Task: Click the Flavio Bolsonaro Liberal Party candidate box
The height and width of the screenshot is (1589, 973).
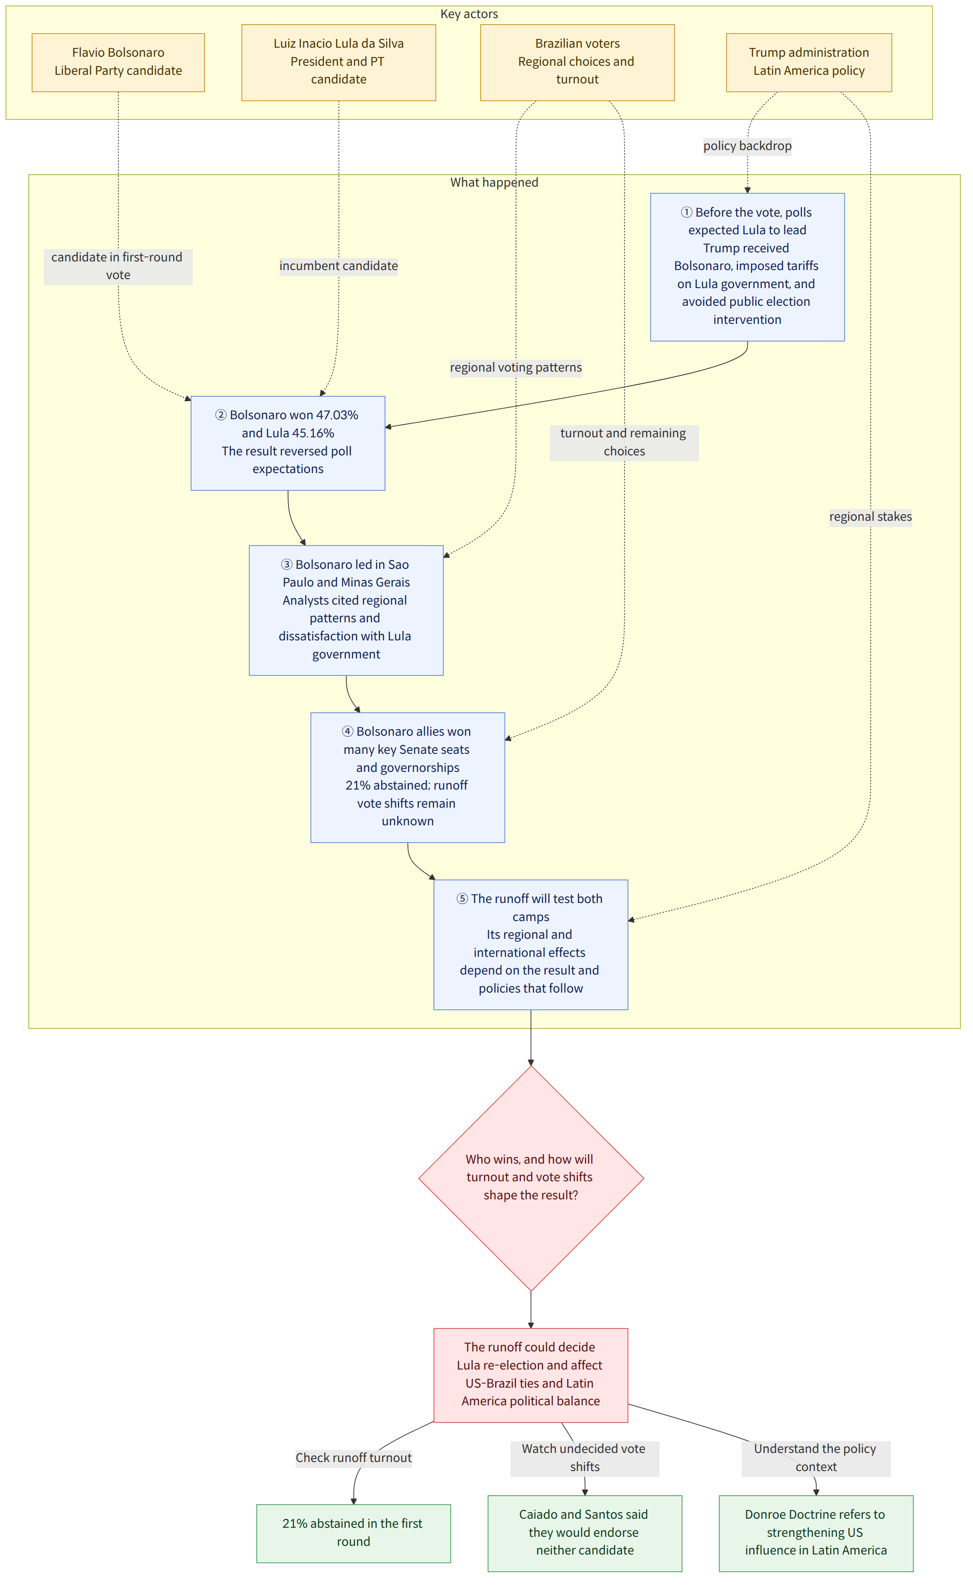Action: coord(118,62)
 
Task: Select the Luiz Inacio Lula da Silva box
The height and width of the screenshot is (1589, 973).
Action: coord(339,62)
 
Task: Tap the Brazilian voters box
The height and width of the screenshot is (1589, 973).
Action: coord(577,62)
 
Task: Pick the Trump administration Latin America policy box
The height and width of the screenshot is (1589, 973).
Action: coord(809,62)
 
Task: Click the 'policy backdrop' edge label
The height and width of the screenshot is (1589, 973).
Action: coord(747,146)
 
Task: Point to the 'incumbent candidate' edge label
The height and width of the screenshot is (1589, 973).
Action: coord(339,266)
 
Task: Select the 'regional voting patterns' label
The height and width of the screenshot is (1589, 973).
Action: coord(516,367)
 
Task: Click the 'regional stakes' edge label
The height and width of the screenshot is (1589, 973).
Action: coord(870,517)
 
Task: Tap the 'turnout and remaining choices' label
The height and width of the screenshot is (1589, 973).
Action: coord(624,442)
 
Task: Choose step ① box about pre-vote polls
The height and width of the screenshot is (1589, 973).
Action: coord(747,267)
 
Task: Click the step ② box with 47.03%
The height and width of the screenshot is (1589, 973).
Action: coord(288,443)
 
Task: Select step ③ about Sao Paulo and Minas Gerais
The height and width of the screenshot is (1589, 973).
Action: coord(346,610)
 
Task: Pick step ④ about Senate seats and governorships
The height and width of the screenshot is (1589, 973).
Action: coord(408,777)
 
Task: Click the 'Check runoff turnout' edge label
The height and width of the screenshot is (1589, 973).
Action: coord(353,1457)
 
